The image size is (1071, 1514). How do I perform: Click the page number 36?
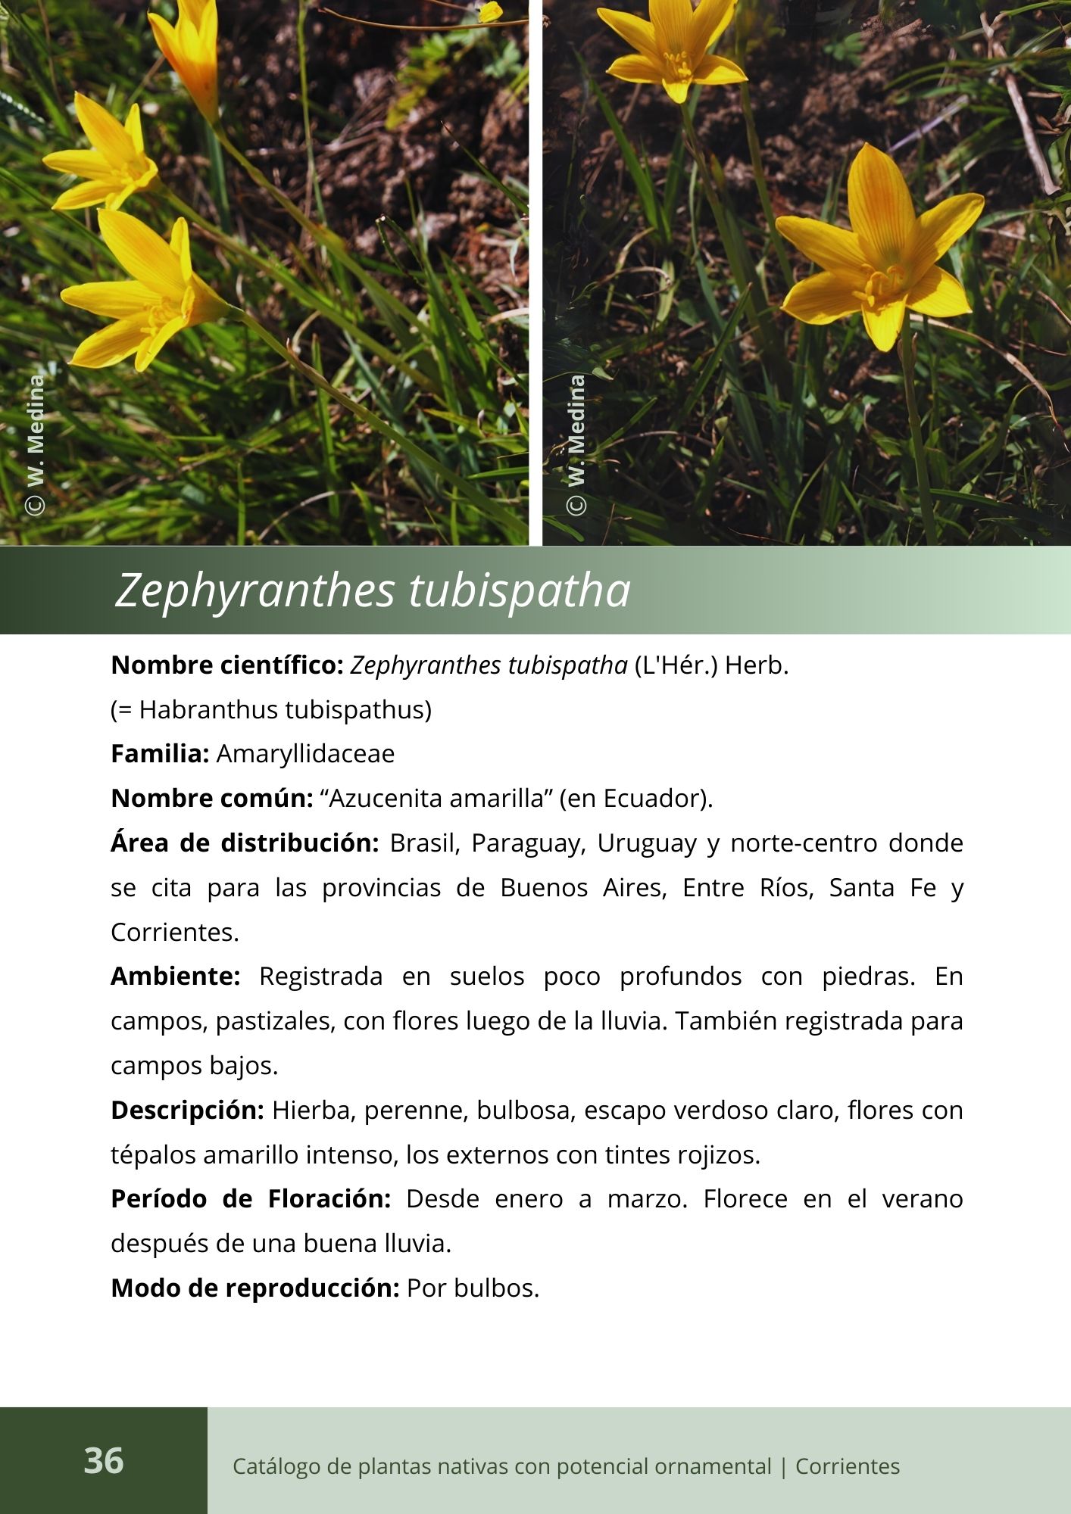(x=103, y=1460)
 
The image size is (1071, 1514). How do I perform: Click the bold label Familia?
(x=160, y=754)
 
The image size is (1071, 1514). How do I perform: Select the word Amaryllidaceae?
(x=305, y=754)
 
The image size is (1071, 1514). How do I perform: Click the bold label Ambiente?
(x=175, y=977)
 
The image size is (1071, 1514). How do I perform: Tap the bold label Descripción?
(x=187, y=1111)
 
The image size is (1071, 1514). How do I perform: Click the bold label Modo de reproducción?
(x=254, y=1288)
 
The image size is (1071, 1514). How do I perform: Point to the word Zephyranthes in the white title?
(x=254, y=590)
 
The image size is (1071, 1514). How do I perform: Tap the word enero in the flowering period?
(x=522, y=1199)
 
